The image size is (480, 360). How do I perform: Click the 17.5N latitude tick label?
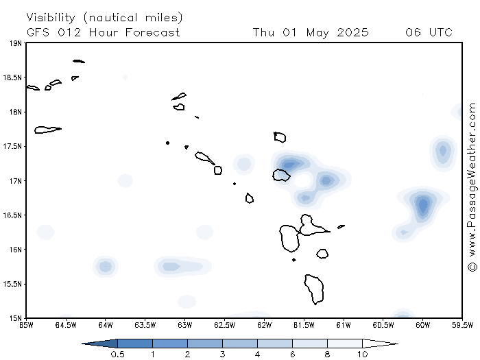coord(12,146)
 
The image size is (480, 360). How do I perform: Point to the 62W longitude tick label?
coord(264,325)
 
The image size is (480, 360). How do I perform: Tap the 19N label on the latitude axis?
coord(15,43)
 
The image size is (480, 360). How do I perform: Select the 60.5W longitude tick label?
coord(383,325)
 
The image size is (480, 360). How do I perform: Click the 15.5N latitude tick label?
coord(12,284)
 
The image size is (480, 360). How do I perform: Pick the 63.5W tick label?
coord(145,325)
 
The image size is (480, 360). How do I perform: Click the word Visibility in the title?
coord(51,18)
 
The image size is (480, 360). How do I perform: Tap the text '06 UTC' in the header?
coord(429,32)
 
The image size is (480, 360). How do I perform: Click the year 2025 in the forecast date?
coord(352,32)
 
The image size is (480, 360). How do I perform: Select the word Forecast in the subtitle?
coord(152,32)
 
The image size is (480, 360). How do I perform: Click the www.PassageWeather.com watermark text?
coord(472,180)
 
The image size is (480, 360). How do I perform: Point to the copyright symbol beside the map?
coord(472,266)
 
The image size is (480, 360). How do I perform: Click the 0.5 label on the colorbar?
coord(117,355)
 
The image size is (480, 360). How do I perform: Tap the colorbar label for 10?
coord(363,355)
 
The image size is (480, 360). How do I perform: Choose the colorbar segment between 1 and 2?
coord(170,344)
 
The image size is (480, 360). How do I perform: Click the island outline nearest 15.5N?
coord(314,289)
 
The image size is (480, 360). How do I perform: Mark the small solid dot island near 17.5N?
coord(167,143)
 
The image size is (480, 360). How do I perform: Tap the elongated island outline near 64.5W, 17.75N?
coord(48,130)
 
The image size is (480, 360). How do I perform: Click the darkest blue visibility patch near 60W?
coord(423,204)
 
